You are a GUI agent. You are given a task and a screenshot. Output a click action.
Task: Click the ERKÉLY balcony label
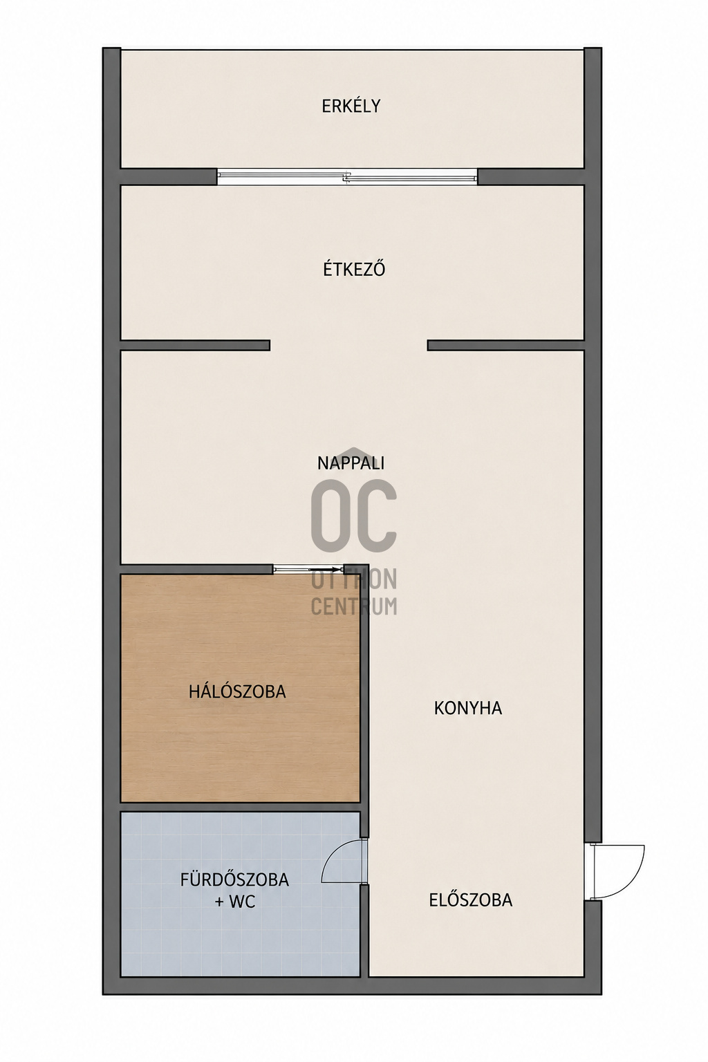pos(351,105)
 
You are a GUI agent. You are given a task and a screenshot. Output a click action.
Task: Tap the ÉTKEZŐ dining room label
pos(354,269)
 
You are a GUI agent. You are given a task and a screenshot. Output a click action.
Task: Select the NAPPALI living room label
pos(351,463)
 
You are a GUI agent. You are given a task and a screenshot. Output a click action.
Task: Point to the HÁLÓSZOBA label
pos(237,691)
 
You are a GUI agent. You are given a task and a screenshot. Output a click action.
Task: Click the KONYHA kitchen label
pos(468,708)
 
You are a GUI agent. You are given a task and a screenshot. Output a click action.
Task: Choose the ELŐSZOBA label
pos(471,900)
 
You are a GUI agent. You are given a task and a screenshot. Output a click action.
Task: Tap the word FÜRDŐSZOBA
pos(234,879)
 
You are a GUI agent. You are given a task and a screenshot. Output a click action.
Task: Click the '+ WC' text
pos(235,902)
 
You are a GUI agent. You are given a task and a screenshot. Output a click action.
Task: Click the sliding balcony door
pos(347,177)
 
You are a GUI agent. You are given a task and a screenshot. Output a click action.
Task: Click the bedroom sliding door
pos(308,569)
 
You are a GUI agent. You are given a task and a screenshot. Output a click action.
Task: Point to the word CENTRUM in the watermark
pos(354,606)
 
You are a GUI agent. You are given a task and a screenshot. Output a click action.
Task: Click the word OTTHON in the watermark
pos(354,579)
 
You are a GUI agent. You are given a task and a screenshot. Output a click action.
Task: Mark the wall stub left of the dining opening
pos(196,345)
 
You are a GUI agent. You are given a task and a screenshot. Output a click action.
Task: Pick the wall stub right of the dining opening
pos(505,345)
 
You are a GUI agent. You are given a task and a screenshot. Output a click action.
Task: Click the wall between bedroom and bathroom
pos(241,807)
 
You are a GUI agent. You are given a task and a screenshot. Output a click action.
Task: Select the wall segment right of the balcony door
pos(530,177)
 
